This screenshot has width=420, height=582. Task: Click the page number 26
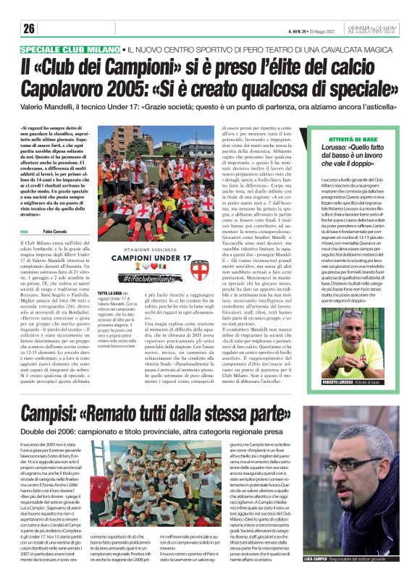coord(29,29)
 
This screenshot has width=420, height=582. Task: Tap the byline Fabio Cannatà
coord(57,230)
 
